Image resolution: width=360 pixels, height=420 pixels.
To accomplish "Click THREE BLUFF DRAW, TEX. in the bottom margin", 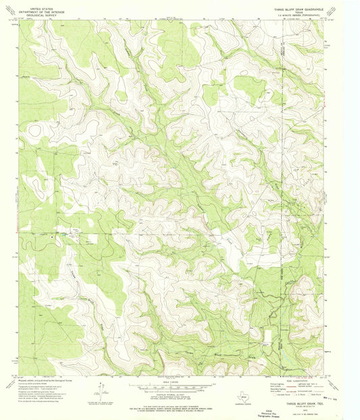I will point(302,403).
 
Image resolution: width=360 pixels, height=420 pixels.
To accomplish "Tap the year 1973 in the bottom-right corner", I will point(302,410).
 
